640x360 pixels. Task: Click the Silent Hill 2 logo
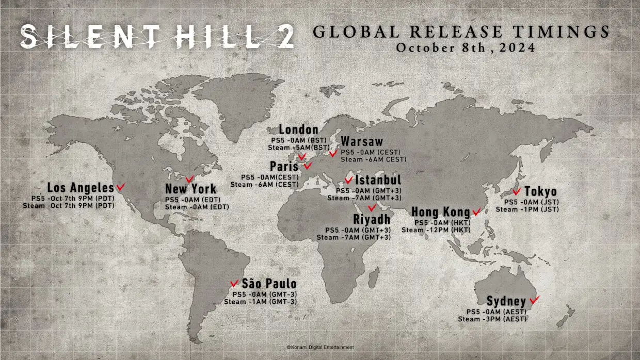pos(157,37)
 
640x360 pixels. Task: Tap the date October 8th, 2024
pos(465,47)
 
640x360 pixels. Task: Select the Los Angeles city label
pos(80,187)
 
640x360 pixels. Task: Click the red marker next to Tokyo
pos(516,191)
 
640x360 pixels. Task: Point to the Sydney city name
pos(506,301)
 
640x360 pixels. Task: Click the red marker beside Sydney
pos(534,299)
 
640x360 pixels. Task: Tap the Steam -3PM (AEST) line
pos(492,319)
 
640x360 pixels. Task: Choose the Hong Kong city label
pos(440,212)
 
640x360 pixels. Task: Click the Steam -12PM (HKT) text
pos(436,230)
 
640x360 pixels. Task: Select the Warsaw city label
pos(362,142)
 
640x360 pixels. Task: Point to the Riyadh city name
pos(372,219)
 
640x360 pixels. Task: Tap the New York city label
pos(190,189)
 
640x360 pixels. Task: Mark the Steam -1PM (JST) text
pos(527,209)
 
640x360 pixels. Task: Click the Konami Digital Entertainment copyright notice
pos(320,348)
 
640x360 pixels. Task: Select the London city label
pos(298,129)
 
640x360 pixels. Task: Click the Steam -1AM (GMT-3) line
pos(260,301)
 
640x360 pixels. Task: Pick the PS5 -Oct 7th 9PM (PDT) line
pos(73,198)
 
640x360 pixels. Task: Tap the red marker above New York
pos(189,179)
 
